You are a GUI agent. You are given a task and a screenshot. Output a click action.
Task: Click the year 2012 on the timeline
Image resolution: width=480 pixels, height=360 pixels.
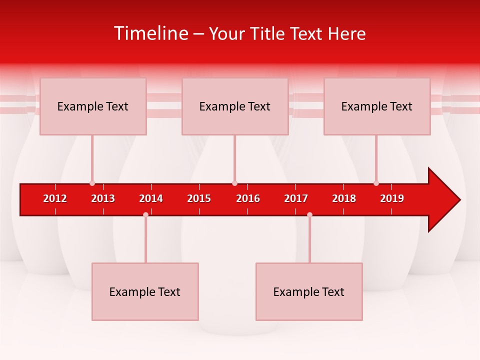pyautogui.click(x=55, y=198)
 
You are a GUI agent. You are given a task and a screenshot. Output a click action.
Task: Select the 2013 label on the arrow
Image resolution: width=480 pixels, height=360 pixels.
pyautogui.click(x=103, y=198)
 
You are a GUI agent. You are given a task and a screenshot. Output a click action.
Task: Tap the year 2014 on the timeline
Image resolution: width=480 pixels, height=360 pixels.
pyautogui.click(x=151, y=198)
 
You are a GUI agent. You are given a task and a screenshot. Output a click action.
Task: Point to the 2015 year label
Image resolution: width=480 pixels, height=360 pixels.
pyautogui.click(x=199, y=198)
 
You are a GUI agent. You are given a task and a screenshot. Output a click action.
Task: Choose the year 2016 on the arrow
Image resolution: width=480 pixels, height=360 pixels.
pyautogui.click(x=248, y=198)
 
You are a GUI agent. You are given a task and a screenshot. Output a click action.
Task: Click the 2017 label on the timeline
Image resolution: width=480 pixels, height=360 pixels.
pyautogui.click(x=296, y=198)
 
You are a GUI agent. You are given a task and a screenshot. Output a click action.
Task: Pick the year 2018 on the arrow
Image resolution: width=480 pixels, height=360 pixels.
pyautogui.click(x=344, y=198)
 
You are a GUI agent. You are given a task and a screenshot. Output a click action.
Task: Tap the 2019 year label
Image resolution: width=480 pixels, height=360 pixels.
pyautogui.click(x=392, y=198)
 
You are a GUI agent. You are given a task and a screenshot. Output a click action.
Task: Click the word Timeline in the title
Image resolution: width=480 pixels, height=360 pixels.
pyautogui.click(x=150, y=33)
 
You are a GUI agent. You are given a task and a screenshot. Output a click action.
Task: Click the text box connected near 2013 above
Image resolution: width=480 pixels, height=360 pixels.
pyautogui.click(x=93, y=106)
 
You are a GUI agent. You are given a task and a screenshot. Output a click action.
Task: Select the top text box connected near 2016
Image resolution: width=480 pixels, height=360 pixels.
pyautogui.click(x=235, y=106)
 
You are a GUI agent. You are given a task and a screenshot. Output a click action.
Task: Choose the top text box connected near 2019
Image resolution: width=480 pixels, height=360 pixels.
pyautogui.click(x=377, y=106)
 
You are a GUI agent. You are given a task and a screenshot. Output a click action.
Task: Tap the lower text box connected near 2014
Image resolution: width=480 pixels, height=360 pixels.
pyautogui.click(x=145, y=291)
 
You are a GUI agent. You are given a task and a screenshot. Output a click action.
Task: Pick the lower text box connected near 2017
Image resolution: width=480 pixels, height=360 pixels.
pyautogui.click(x=309, y=291)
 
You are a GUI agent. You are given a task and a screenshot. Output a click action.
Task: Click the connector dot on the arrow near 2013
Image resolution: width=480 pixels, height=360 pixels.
pyautogui.click(x=92, y=183)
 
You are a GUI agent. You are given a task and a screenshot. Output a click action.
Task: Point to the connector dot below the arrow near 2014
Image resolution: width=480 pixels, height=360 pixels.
pyautogui.click(x=145, y=214)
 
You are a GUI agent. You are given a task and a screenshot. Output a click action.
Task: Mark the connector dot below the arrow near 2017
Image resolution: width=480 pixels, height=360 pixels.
pyautogui.click(x=309, y=214)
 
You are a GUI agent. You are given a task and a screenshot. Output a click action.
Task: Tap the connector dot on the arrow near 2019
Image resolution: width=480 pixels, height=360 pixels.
pyautogui.click(x=376, y=183)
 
